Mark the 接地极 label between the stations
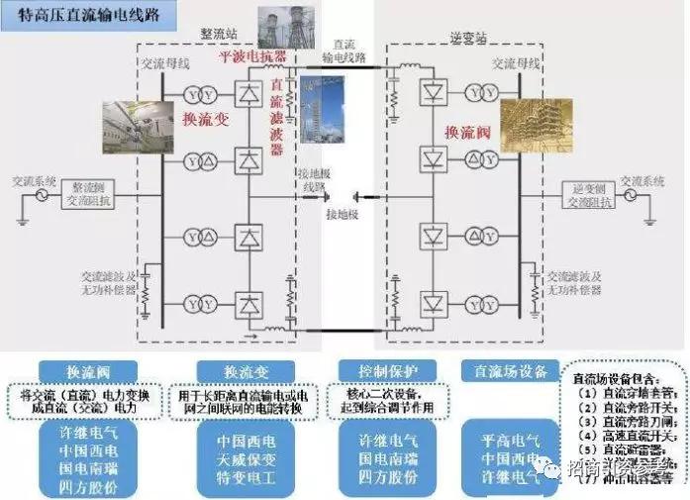(342, 214)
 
